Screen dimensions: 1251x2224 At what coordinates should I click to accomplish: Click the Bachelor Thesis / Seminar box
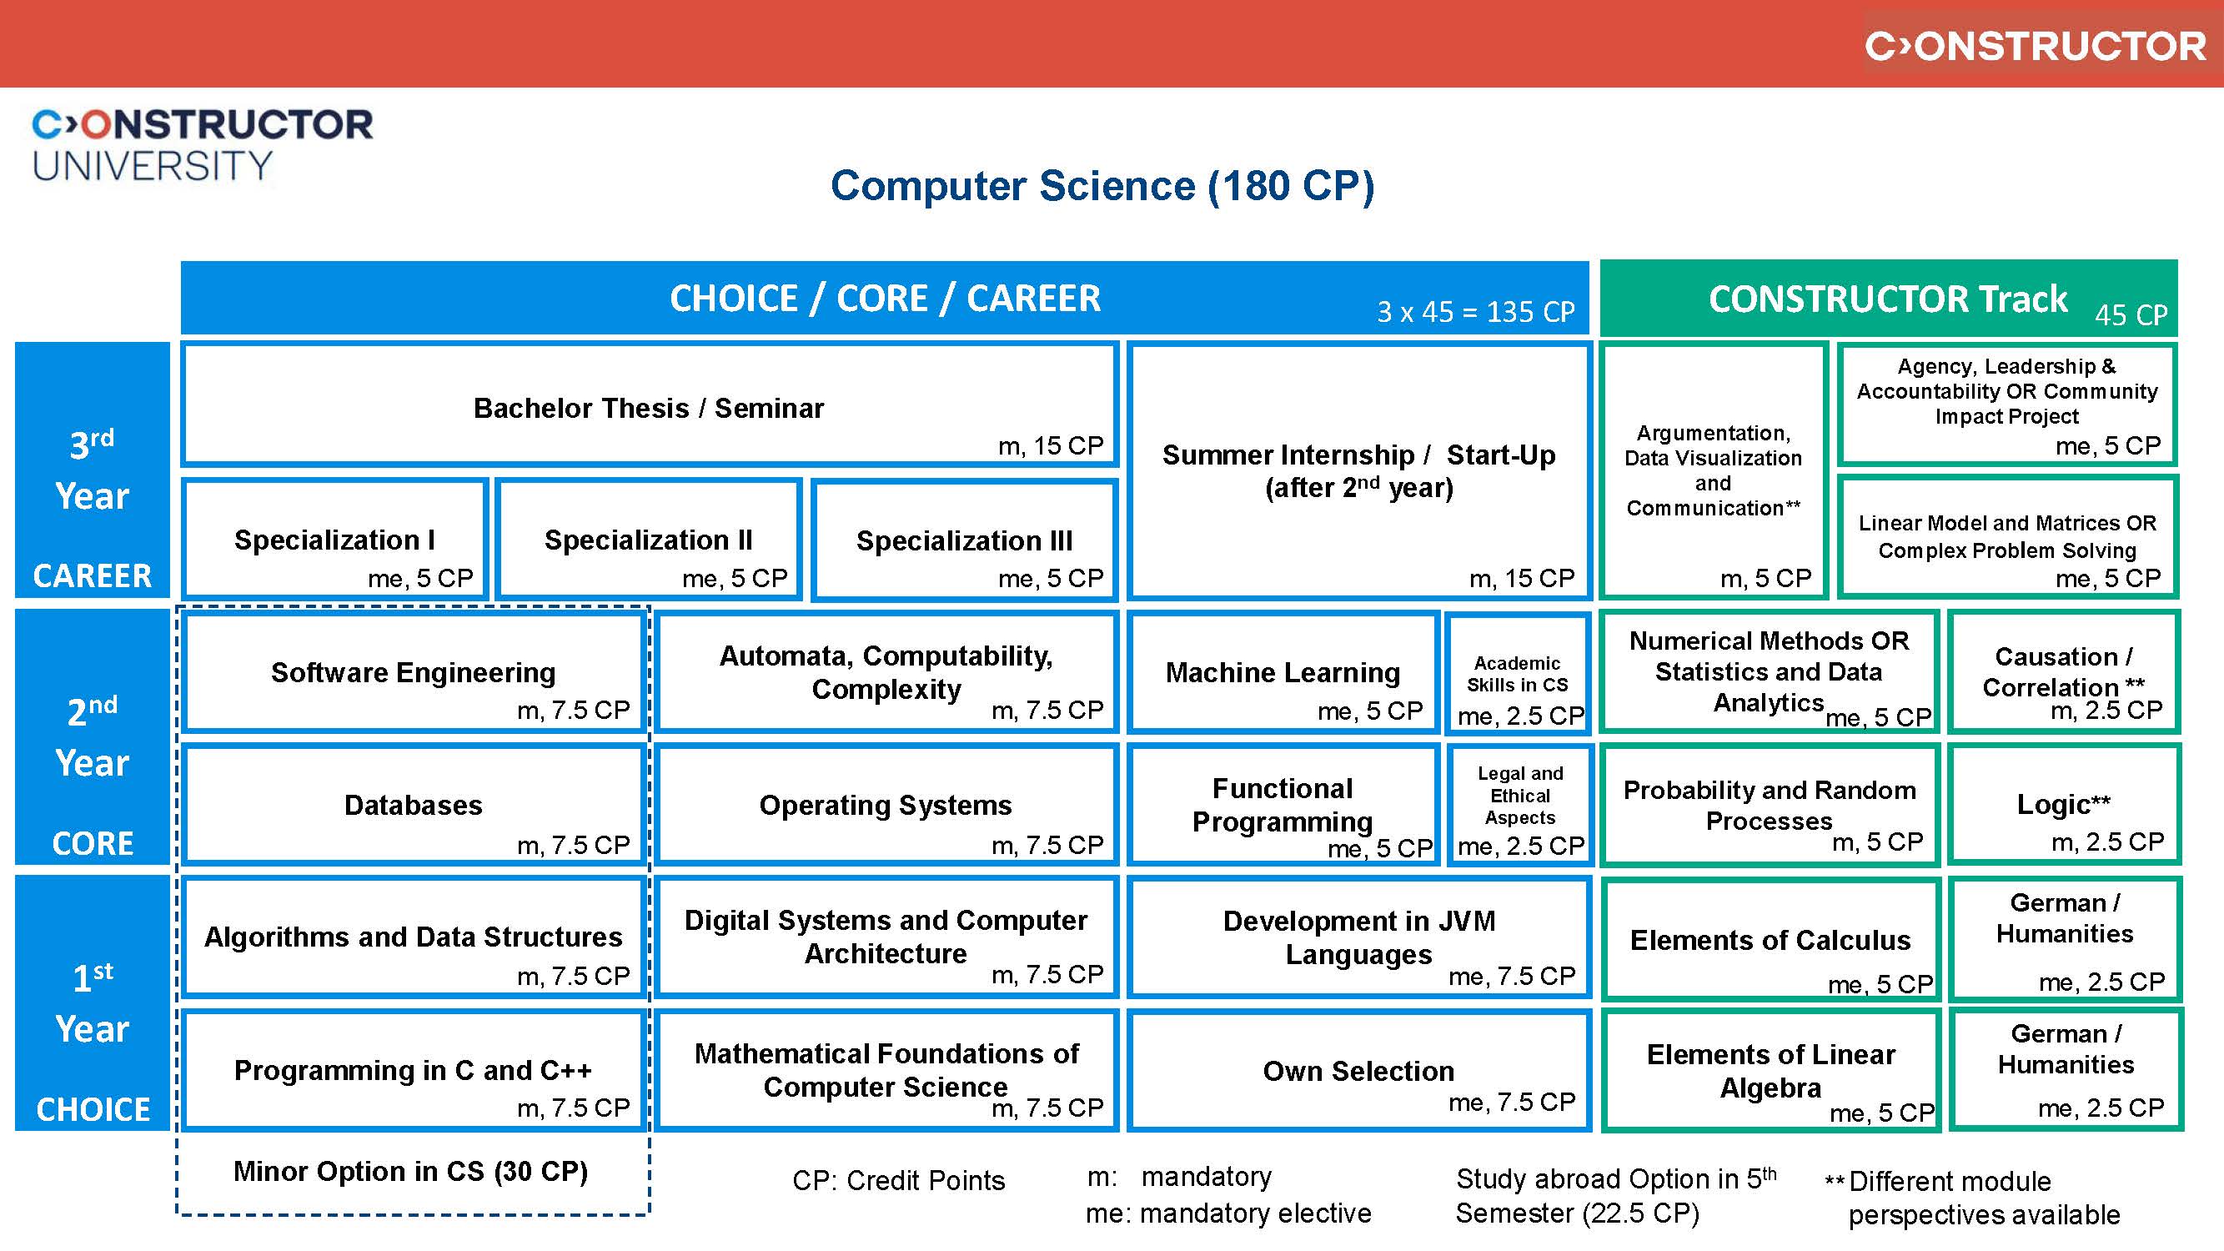[x=650, y=406]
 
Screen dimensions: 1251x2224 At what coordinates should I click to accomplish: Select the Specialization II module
[x=650, y=540]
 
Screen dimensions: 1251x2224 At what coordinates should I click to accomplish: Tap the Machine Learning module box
[x=1283, y=673]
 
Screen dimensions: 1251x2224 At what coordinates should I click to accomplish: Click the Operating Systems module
[x=886, y=805]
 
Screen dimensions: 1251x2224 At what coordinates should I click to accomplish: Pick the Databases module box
[x=413, y=805]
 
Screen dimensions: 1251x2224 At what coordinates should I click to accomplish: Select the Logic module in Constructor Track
[x=2063, y=805]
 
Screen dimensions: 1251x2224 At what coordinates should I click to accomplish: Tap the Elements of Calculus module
[x=1770, y=939]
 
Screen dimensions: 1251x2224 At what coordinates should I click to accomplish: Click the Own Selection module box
[x=1359, y=1071]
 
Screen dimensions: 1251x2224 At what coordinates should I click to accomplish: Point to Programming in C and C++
[x=413, y=1071]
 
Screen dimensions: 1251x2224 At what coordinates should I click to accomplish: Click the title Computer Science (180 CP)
[x=1102, y=186]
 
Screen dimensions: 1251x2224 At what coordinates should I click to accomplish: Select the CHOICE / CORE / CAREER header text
[x=885, y=299]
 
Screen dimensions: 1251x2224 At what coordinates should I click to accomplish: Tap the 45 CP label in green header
[x=2130, y=315]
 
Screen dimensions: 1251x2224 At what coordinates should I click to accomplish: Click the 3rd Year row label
[x=92, y=470]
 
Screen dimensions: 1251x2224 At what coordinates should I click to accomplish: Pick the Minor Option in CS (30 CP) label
[x=411, y=1172]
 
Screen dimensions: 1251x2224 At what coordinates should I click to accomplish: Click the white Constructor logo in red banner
[x=2035, y=46]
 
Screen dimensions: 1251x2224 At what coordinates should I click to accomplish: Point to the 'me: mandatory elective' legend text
[x=1227, y=1213]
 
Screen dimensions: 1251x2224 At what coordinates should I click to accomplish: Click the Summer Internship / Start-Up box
[x=1359, y=471]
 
